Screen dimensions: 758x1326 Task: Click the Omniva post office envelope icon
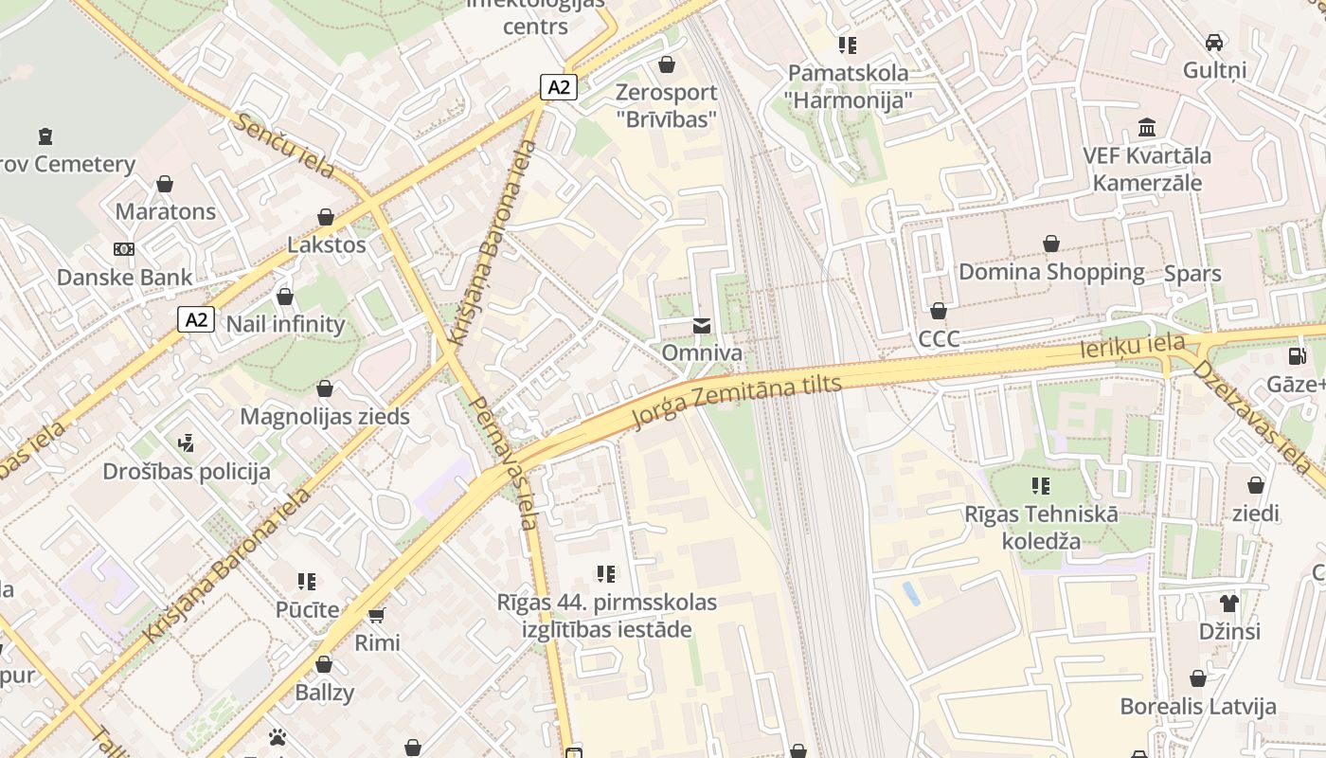701,326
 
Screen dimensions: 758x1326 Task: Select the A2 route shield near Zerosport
559,87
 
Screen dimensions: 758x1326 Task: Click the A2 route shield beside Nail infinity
196,319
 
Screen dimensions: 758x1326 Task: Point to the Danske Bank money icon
124,249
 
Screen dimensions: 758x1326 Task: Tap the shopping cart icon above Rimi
377,615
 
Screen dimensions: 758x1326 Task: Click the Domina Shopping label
1051,272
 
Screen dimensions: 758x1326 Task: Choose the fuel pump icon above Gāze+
1296,356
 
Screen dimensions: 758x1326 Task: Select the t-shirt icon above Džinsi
1229,603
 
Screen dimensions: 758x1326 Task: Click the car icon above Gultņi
1214,42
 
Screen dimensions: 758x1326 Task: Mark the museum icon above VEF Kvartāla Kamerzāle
1147,127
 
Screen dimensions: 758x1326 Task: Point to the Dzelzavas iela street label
1251,417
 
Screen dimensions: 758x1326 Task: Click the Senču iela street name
285,146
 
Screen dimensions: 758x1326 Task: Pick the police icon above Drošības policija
186,442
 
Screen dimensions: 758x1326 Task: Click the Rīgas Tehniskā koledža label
1041,528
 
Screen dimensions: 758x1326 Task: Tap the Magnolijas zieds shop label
325,416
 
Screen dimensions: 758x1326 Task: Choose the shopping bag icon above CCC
939,311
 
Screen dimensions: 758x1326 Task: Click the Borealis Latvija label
1198,706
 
